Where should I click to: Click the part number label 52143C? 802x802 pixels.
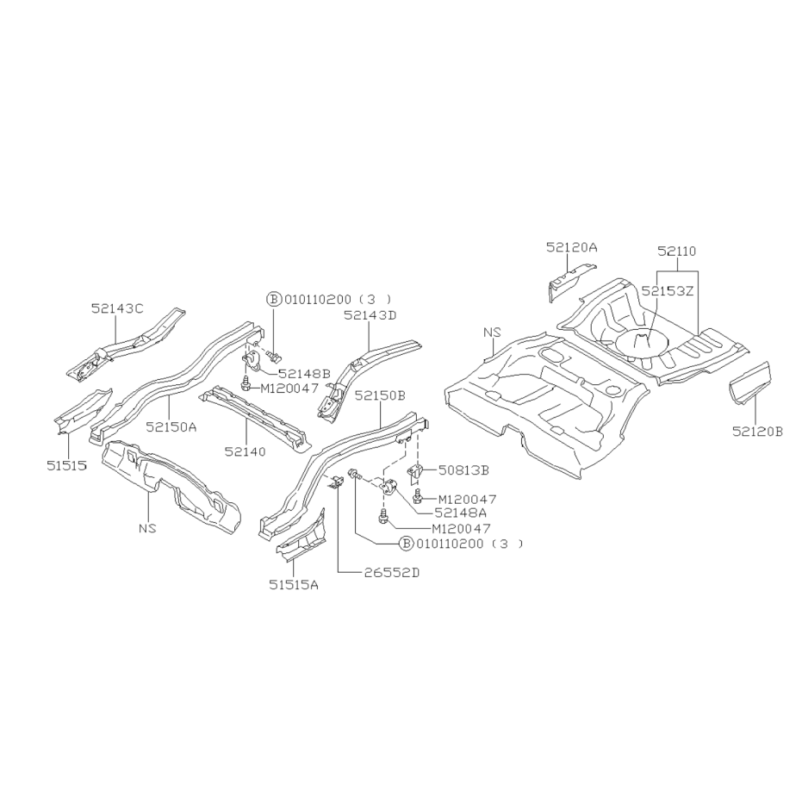click(117, 308)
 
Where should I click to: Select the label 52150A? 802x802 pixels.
click(171, 426)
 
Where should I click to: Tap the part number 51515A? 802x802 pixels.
click(294, 585)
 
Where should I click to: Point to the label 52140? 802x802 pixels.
click(245, 451)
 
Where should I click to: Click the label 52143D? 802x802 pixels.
click(370, 315)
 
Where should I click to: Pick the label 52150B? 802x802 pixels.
click(380, 395)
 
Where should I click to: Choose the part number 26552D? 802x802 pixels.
click(392, 572)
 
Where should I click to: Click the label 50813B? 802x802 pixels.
click(463, 470)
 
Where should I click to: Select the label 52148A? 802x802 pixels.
click(460, 512)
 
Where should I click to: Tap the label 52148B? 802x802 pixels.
click(304, 374)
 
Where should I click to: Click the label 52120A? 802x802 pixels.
click(571, 247)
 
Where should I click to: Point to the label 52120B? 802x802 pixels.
click(757, 432)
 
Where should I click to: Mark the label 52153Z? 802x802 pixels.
click(667, 291)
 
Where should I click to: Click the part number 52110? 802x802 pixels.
click(677, 252)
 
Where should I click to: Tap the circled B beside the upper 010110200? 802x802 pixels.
click(274, 299)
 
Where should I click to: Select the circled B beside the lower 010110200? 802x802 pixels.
click(406, 544)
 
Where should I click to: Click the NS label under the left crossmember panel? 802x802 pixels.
click(147, 528)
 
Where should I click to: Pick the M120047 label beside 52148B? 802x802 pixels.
click(289, 389)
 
